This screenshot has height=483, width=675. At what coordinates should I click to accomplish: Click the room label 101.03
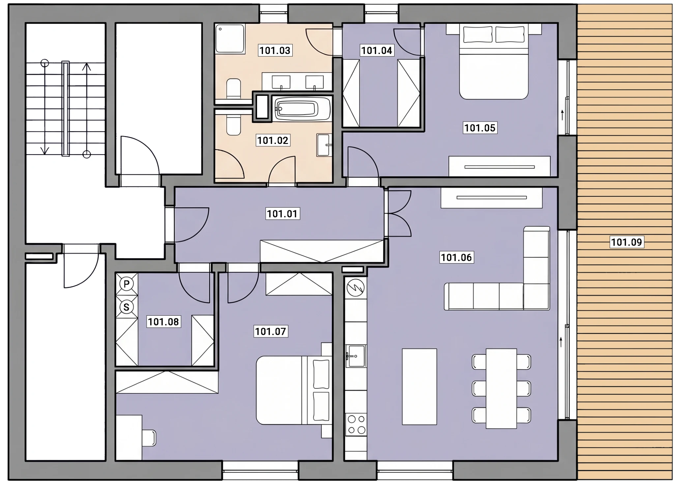pos(275,50)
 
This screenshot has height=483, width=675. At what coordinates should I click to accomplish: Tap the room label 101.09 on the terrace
pos(626,242)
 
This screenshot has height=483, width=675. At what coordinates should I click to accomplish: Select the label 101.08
pos(163,322)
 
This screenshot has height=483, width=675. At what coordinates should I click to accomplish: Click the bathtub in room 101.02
pos(302,108)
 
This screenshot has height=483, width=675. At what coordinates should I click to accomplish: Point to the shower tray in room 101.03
pos(230,39)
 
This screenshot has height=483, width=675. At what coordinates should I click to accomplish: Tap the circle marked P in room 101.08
pos(126,284)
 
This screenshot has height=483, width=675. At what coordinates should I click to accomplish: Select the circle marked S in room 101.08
pos(126,307)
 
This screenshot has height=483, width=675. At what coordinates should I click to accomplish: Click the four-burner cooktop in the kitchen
pos(357,425)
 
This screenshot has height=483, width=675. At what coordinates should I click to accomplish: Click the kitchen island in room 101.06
pos(419,386)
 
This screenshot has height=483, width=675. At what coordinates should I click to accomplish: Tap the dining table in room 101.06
pos(501,388)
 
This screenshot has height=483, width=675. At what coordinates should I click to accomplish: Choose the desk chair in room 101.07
pos(149,438)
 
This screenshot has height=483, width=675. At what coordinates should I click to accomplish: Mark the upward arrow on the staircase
pos(87,109)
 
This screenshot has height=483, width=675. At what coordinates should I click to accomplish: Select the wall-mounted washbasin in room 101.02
pos(323,145)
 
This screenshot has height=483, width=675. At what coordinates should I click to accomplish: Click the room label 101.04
pos(377,50)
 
